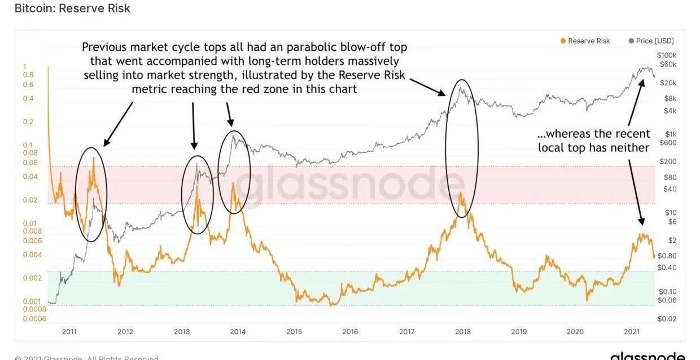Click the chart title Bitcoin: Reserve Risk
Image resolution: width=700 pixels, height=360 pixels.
72,8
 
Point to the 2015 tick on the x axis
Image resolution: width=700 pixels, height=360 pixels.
294,331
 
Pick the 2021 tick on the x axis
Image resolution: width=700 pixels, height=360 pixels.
631,331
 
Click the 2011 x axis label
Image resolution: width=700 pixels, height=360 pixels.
69,331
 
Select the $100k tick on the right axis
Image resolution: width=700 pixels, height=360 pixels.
666,55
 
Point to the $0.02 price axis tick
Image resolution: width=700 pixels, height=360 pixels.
666,319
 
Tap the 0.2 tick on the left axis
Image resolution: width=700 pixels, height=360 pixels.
28,122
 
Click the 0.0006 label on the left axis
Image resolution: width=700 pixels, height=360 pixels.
35,319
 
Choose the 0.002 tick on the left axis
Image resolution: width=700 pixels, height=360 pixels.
33,278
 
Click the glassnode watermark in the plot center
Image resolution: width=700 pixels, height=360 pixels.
349,183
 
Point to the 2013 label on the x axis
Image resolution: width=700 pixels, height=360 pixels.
181,331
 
